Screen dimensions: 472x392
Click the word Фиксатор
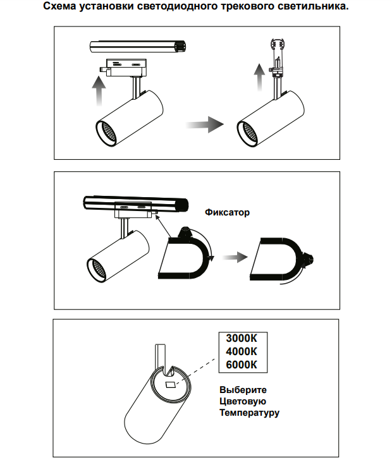(227, 212)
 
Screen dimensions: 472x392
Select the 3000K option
(241, 339)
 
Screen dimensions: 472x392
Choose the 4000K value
(241, 351)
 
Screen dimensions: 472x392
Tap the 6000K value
(241, 364)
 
